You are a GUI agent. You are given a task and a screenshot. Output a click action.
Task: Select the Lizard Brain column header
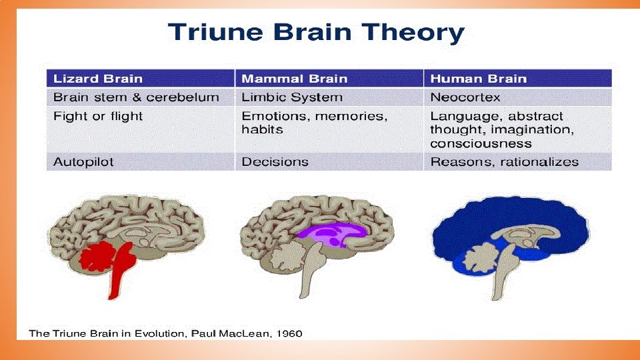98,79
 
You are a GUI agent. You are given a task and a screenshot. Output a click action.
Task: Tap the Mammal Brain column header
294,79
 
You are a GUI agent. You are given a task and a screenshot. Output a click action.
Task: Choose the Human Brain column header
478,79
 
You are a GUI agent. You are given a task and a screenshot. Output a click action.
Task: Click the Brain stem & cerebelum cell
136,97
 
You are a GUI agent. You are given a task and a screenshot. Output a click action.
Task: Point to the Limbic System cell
292,97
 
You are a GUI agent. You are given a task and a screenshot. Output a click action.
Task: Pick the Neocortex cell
465,97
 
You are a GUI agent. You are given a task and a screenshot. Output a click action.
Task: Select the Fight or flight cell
98,116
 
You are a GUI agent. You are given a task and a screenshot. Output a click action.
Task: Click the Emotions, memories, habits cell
313,123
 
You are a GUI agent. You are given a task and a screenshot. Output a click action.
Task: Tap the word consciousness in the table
481,143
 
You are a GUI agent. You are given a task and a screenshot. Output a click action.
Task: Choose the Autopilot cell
83,162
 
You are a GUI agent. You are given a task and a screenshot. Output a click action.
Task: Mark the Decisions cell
275,162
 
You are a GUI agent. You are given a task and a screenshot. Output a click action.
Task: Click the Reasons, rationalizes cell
504,162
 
